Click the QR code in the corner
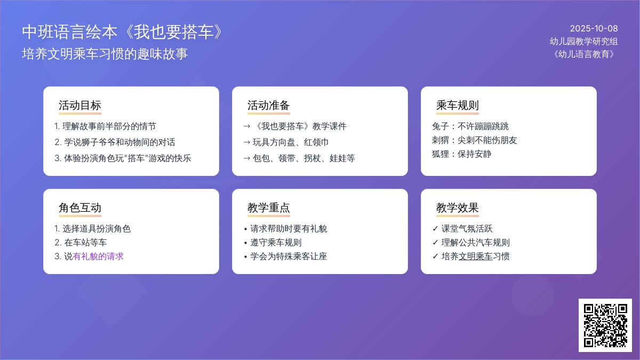pos(605,325)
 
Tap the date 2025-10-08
pos(594,29)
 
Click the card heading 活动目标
pos(80,105)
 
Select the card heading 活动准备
pos(269,105)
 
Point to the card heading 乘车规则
pos(458,105)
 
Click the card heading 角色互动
pos(80,207)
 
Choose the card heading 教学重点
pos(269,207)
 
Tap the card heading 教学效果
pos(458,207)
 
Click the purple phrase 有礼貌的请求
pos(98,257)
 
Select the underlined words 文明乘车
pos(475,257)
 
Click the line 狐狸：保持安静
pos(462,154)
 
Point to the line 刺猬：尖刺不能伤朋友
pos(475,140)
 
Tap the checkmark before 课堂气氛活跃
pos(435,229)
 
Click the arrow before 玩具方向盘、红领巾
pos(246,142)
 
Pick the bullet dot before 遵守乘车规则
pos(245,243)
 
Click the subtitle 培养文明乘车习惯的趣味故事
pos(105,54)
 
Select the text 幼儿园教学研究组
pos(583,42)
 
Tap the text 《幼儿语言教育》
pos(583,54)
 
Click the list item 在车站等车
pos(85,242)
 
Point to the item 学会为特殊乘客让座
pos(289,257)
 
